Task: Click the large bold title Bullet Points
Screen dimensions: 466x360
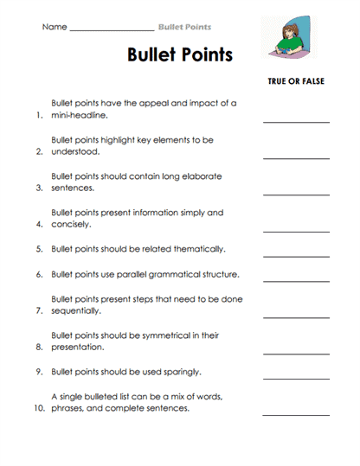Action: tap(180, 54)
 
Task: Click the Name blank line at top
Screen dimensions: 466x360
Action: tap(111, 29)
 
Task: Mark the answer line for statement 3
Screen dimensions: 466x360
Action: tap(296, 194)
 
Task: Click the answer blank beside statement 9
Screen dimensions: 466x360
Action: tap(296, 378)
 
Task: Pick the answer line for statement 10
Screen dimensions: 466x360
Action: tap(296, 414)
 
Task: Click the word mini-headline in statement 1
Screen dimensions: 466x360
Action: tap(79, 114)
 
